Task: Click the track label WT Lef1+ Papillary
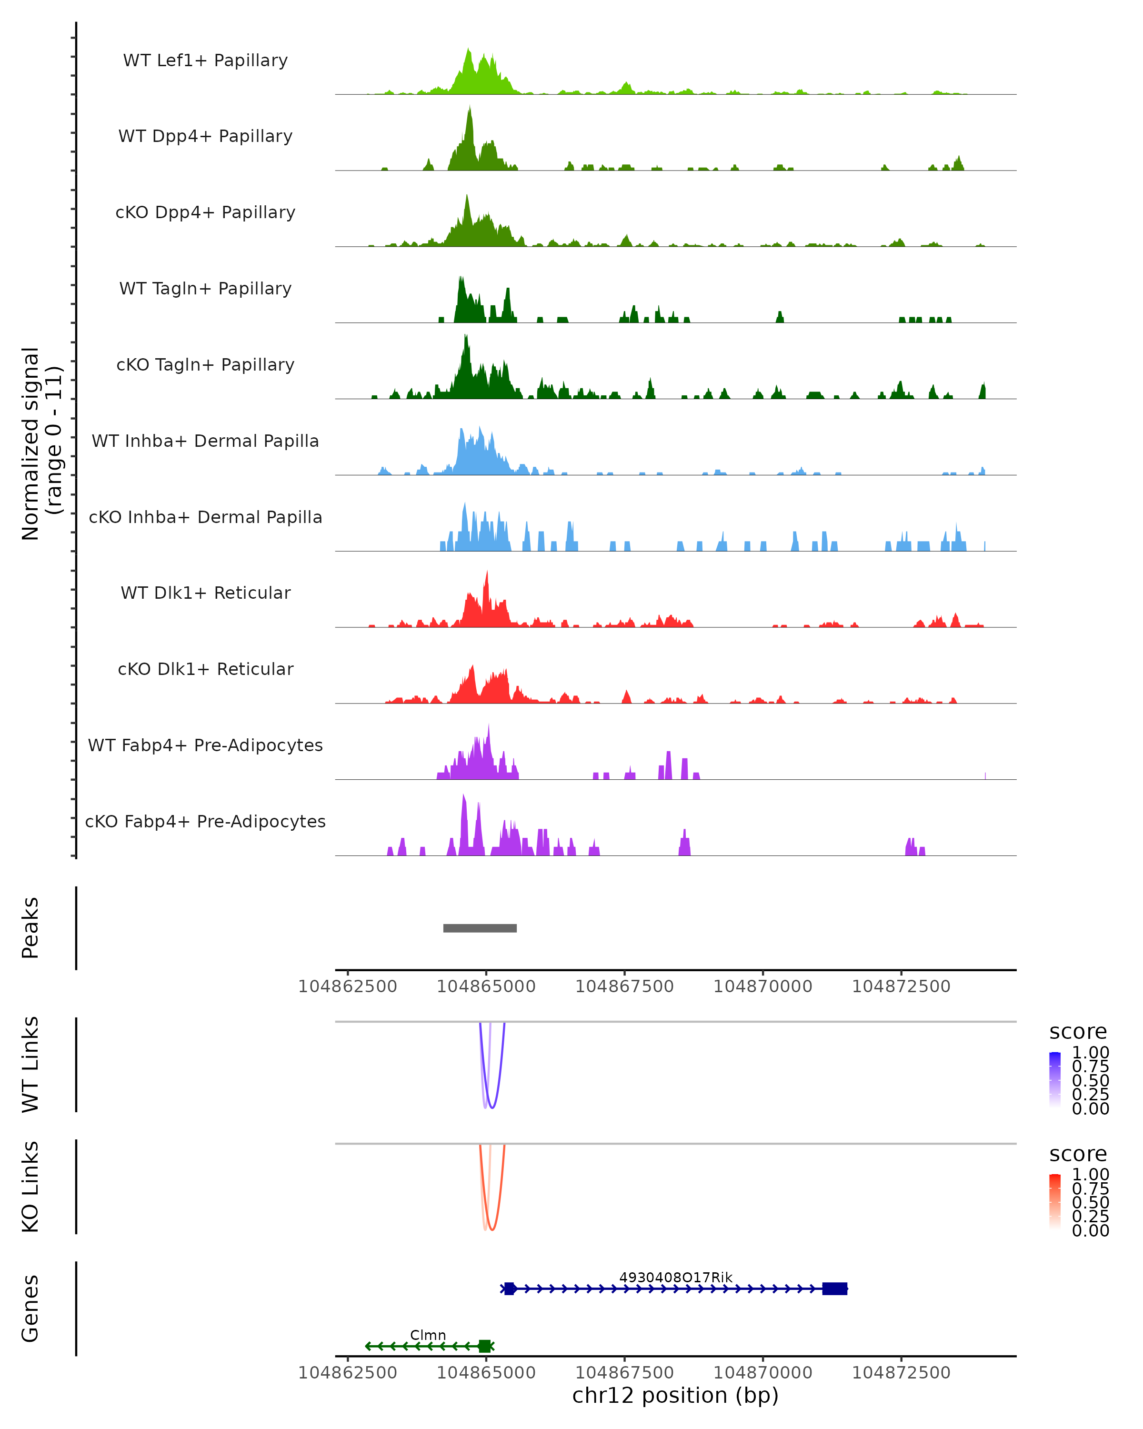tap(205, 60)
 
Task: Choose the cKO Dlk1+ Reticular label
tap(205, 669)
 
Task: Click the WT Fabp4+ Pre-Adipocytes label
tap(205, 745)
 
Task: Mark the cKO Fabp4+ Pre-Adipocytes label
tap(205, 821)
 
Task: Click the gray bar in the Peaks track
tap(480, 928)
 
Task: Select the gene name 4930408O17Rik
tap(676, 1277)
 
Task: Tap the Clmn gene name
tap(428, 1335)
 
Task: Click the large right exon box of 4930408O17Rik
tap(835, 1288)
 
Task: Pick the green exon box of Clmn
tap(485, 1346)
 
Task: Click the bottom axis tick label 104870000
tap(762, 1373)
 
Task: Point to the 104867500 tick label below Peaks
tap(624, 986)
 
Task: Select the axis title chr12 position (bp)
tap(675, 1396)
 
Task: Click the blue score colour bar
tap(1055, 1080)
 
